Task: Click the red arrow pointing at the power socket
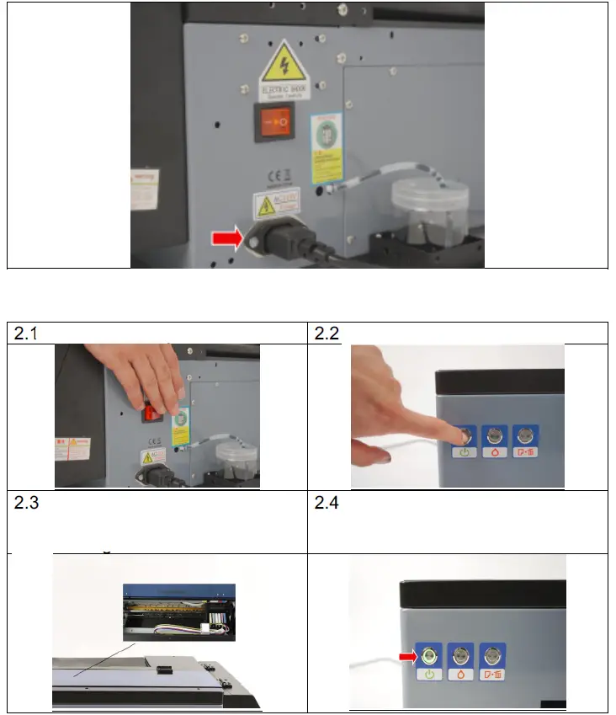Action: (x=226, y=239)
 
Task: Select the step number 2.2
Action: (x=327, y=334)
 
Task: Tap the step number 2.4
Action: (x=327, y=504)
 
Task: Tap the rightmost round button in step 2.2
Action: (x=524, y=435)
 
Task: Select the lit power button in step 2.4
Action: (x=430, y=654)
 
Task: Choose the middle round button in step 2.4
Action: (x=460, y=654)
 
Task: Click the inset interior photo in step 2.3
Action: (x=178, y=606)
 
